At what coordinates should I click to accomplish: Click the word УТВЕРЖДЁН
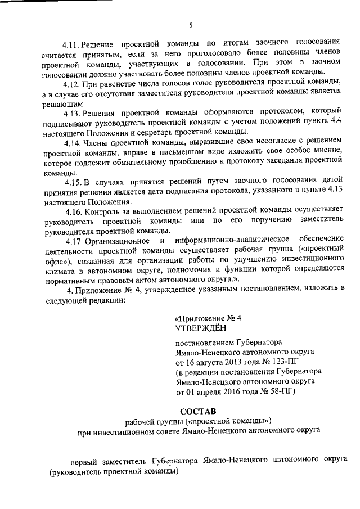click(x=201, y=327)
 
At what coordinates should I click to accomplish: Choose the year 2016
click(x=236, y=391)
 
